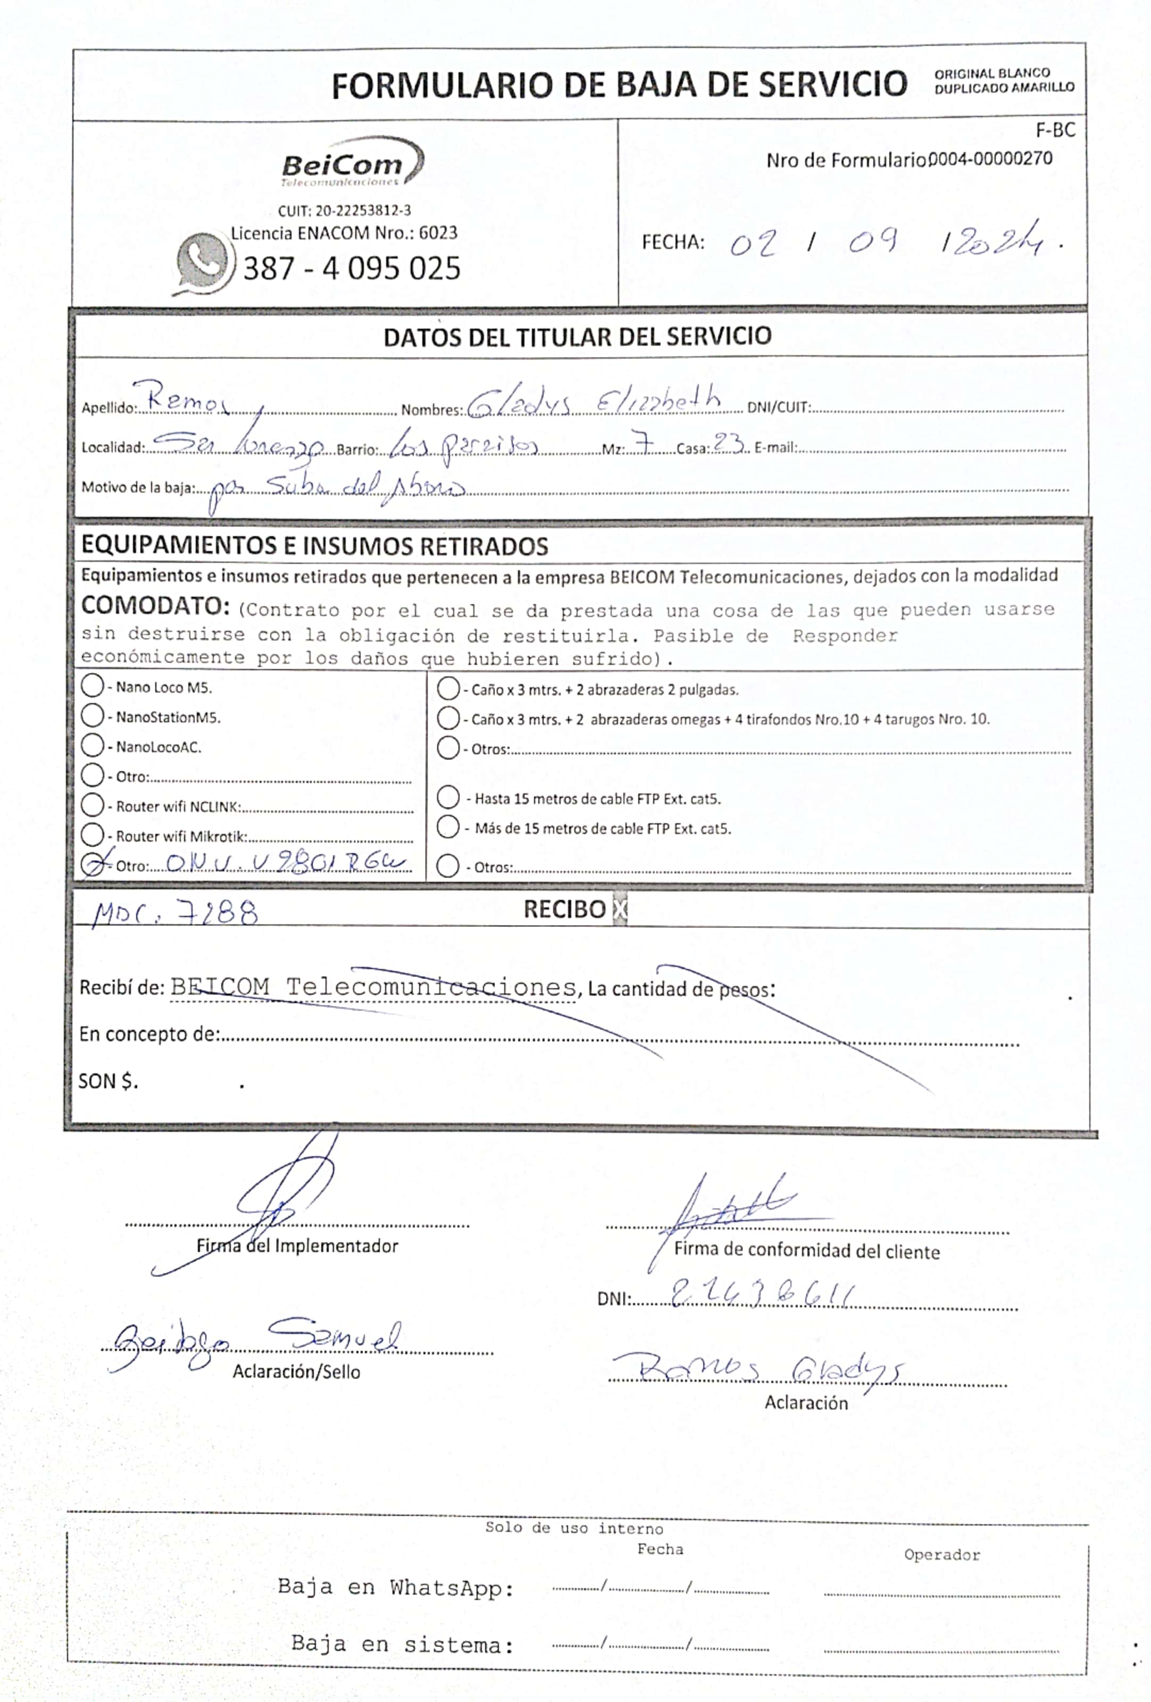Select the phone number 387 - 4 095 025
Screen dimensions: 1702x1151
pyautogui.click(x=352, y=268)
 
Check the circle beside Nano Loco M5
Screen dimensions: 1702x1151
pyautogui.click(x=92, y=686)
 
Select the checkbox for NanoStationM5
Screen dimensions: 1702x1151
pyautogui.click(x=92, y=715)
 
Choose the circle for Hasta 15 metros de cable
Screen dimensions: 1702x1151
pyautogui.click(x=448, y=797)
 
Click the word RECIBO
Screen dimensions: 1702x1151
pyautogui.click(x=564, y=910)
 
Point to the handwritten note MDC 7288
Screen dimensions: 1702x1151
pyautogui.click(x=175, y=913)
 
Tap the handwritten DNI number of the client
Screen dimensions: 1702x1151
pyautogui.click(x=762, y=1296)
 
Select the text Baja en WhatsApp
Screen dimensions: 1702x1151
pyautogui.click(x=395, y=1587)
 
